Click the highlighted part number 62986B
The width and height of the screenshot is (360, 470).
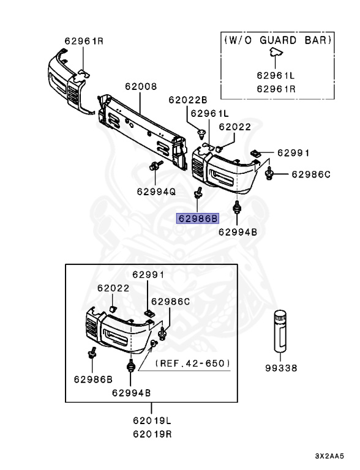coord(197,218)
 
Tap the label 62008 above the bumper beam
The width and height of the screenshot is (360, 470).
coord(141,87)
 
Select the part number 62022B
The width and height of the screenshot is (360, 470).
coord(188,100)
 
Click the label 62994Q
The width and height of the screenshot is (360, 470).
coord(156,192)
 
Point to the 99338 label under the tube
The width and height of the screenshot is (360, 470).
coord(281,368)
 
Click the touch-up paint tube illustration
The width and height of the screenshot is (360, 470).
coord(280,331)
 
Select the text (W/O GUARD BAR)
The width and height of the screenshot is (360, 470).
coord(278,40)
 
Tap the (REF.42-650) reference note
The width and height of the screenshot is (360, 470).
coord(193,364)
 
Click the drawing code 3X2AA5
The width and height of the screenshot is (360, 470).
coord(329,456)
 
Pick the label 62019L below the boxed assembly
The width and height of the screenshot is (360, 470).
coord(152,420)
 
